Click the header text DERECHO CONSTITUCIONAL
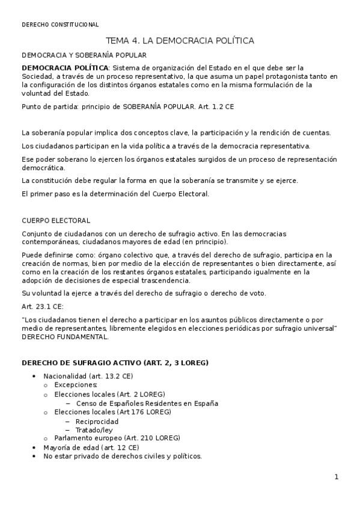59,25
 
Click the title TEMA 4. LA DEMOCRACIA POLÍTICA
180,41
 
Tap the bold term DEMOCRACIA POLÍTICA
65,68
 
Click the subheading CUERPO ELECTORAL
55,221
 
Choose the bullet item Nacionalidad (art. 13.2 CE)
88,376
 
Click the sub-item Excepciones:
75,385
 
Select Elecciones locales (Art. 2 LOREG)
109,395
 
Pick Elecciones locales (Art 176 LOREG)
112,413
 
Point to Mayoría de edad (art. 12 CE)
91,447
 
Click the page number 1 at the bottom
337,478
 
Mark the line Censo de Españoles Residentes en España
147,404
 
